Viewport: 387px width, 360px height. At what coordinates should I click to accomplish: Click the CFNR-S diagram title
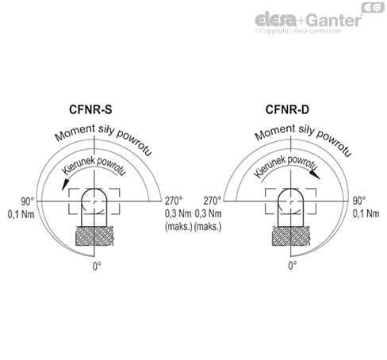(x=94, y=110)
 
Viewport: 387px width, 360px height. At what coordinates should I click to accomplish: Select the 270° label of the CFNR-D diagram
(x=213, y=201)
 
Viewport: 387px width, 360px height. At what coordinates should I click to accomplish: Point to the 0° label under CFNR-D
(x=292, y=266)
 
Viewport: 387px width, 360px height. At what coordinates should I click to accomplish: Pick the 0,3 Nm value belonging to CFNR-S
(x=177, y=213)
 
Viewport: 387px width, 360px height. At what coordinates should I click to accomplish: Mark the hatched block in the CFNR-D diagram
(x=292, y=235)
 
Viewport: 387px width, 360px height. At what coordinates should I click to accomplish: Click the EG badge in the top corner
(x=373, y=6)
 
